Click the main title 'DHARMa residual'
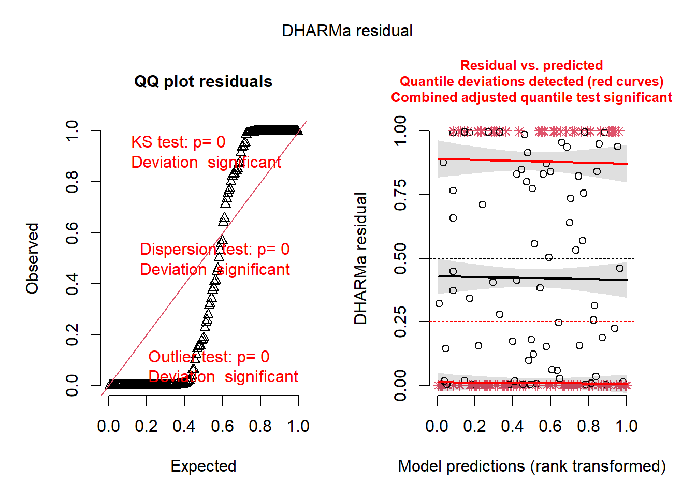(x=347, y=31)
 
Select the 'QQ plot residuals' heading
(x=203, y=82)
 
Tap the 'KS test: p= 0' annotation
(x=178, y=142)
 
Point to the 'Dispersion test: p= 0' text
(x=214, y=250)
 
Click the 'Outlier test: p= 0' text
(x=209, y=357)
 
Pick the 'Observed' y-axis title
(x=33, y=258)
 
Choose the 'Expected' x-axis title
(x=204, y=466)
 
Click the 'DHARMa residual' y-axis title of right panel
(x=360, y=258)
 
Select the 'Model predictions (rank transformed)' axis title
(x=532, y=466)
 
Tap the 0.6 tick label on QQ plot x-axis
(x=222, y=427)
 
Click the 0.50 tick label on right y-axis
(x=400, y=258)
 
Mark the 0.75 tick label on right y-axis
(x=400, y=195)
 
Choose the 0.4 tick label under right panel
(x=512, y=427)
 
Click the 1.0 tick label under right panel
(x=626, y=427)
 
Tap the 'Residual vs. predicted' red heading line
(x=531, y=66)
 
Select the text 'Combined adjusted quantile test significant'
(x=531, y=98)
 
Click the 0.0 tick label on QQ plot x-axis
(x=108, y=427)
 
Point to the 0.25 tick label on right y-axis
(x=400, y=321)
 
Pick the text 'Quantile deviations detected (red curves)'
(x=531, y=82)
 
